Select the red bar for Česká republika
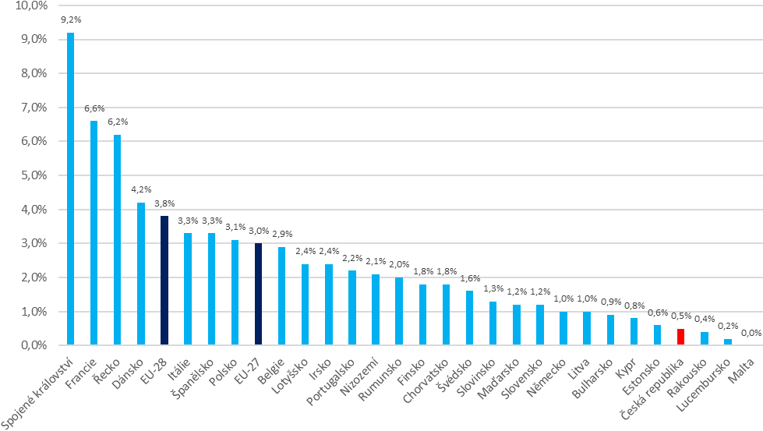pyautogui.click(x=680, y=337)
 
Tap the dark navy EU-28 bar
pyautogui.click(x=164, y=281)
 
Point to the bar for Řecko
pyautogui.click(x=118, y=239)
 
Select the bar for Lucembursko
pyautogui.click(x=728, y=342)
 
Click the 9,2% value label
pyautogui.click(x=72, y=21)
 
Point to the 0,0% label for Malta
pyautogui.click(x=751, y=333)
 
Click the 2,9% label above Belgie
pyautogui.click(x=282, y=235)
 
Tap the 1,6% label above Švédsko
pyautogui.click(x=470, y=279)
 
